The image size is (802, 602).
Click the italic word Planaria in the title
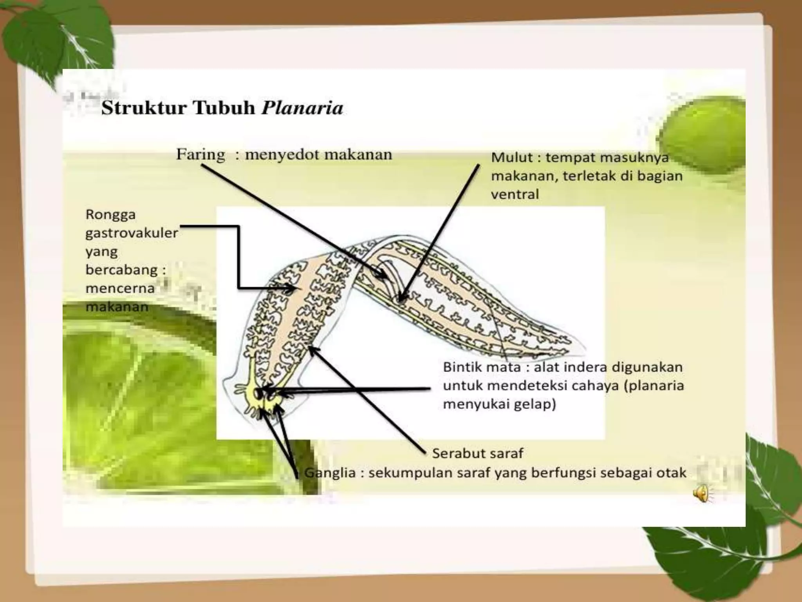click(302, 108)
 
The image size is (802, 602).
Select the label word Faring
click(200, 154)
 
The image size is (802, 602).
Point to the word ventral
click(515, 194)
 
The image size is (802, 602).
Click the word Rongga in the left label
click(110, 215)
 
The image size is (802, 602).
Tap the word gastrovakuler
click(132, 233)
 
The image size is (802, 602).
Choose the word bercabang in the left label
click(122, 270)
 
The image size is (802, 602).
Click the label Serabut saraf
click(477, 453)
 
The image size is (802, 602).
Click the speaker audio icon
click(702, 493)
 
